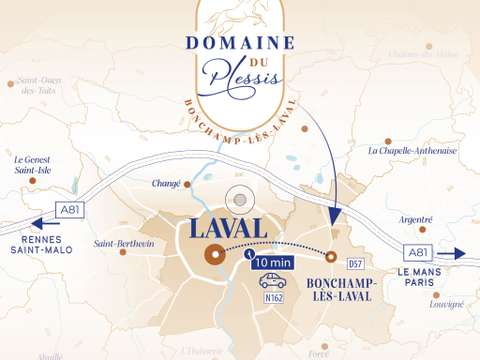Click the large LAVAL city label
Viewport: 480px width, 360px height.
[x=229, y=227]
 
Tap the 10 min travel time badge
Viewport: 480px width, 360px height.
[x=273, y=263]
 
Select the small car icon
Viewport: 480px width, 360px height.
[x=273, y=281]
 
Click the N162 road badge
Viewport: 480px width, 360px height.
[x=273, y=298]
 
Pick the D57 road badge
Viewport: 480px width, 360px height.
[x=354, y=264]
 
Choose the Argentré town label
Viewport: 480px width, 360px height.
[x=416, y=219]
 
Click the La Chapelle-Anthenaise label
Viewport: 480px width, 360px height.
[x=412, y=151]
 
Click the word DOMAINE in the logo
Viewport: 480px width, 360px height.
[x=239, y=43]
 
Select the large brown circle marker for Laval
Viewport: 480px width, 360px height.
[x=214, y=255]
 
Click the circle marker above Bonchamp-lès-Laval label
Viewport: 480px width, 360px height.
[x=331, y=257]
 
